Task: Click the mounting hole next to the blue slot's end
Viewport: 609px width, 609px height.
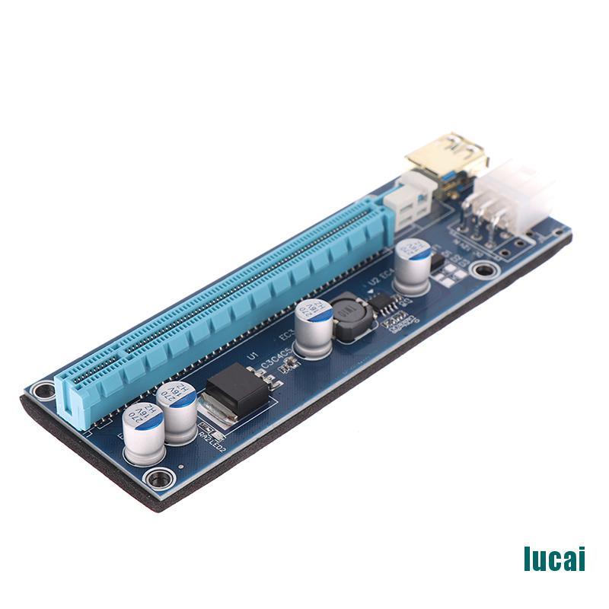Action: [x=44, y=390]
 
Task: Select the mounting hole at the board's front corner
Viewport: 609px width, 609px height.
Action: [x=159, y=479]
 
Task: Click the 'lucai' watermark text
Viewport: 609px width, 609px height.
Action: [x=553, y=558]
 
